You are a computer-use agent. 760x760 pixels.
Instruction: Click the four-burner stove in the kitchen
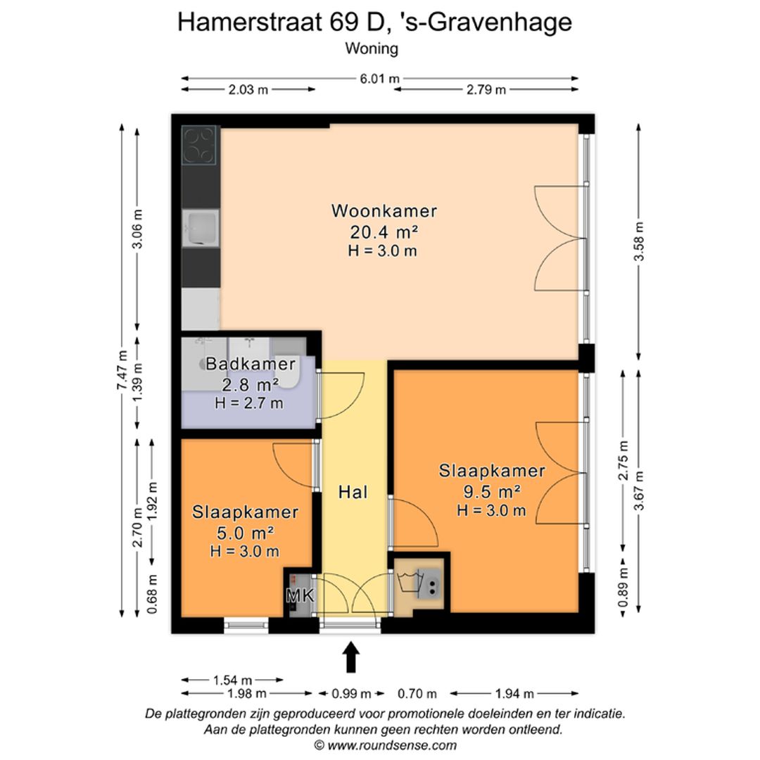coord(198,145)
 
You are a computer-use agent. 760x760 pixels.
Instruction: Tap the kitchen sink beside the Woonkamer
coord(201,228)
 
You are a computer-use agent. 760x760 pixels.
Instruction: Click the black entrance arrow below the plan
coord(351,657)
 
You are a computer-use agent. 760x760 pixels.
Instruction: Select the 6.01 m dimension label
coord(379,78)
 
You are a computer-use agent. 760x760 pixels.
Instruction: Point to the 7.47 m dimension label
coord(122,370)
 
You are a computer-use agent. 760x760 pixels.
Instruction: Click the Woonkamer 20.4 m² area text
coord(384,233)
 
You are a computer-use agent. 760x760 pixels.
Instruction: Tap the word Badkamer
coord(251,364)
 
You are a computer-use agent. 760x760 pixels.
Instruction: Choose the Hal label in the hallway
coord(353,492)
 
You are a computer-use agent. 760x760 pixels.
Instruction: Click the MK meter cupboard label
coord(300,596)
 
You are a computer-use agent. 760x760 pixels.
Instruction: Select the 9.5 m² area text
coord(492,491)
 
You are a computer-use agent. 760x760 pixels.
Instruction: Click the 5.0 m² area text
coord(246,533)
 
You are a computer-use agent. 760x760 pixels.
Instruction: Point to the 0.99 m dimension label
coord(351,694)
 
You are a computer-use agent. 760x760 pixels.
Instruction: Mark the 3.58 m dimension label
coord(639,241)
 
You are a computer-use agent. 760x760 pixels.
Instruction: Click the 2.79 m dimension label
coord(486,89)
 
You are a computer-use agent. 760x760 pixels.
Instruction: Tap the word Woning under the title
coord(372,49)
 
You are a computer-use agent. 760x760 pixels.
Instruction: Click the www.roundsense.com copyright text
coord(386,745)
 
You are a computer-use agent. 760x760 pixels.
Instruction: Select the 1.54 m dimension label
coord(233,680)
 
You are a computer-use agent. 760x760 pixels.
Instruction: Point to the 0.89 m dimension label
coord(623,587)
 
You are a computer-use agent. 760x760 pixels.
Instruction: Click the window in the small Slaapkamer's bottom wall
coord(246,626)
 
